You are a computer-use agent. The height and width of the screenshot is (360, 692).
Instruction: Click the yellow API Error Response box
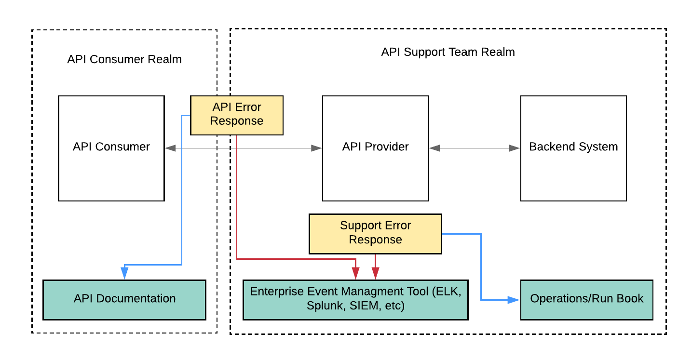[237, 115]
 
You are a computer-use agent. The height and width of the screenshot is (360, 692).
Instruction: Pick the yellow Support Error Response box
[375, 233]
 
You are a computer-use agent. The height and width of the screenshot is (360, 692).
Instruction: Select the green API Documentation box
[124, 299]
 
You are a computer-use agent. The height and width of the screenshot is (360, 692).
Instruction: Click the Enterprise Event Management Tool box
[355, 299]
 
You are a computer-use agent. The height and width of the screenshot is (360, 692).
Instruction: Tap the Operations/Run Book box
[586, 299]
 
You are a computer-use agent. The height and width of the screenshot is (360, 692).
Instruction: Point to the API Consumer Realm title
[124, 60]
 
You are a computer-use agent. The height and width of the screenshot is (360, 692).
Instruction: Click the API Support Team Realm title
[448, 52]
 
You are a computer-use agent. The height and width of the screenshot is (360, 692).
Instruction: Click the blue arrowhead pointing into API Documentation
[124, 273]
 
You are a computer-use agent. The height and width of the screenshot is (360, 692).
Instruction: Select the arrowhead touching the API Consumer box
[170, 148]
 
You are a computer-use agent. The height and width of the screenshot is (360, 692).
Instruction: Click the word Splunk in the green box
[323, 306]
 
